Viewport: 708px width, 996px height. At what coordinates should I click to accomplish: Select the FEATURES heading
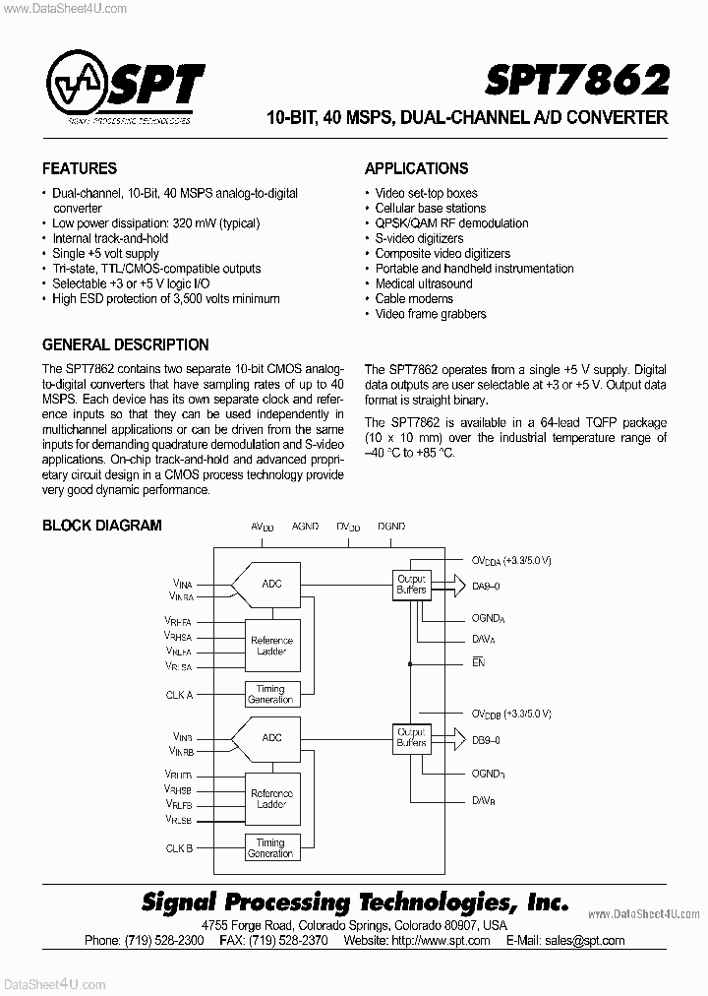pos(80,168)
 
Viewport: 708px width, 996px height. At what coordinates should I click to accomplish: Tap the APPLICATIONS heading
pos(416,168)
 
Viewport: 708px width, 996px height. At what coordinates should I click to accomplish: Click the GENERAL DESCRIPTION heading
pos(125,344)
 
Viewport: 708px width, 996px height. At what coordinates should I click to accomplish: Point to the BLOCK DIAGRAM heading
pos(101,525)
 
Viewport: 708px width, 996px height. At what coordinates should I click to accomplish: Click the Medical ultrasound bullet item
pos(424,283)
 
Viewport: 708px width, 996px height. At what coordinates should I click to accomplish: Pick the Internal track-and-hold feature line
pos(110,238)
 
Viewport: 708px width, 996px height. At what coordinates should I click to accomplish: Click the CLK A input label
pos(179,695)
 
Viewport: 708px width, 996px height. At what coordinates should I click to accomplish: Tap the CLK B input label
pos(179,847)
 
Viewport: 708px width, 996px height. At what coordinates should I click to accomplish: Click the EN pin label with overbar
pos(478,663)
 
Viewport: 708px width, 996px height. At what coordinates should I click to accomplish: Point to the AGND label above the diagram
pos(305,527)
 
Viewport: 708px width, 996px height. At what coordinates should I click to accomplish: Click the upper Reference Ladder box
pos(271,646)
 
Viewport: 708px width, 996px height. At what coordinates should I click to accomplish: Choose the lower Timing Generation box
pos(270,848)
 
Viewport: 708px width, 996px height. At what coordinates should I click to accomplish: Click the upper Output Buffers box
pos(411,584)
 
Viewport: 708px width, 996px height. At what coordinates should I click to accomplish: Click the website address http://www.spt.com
pos(442,940)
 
